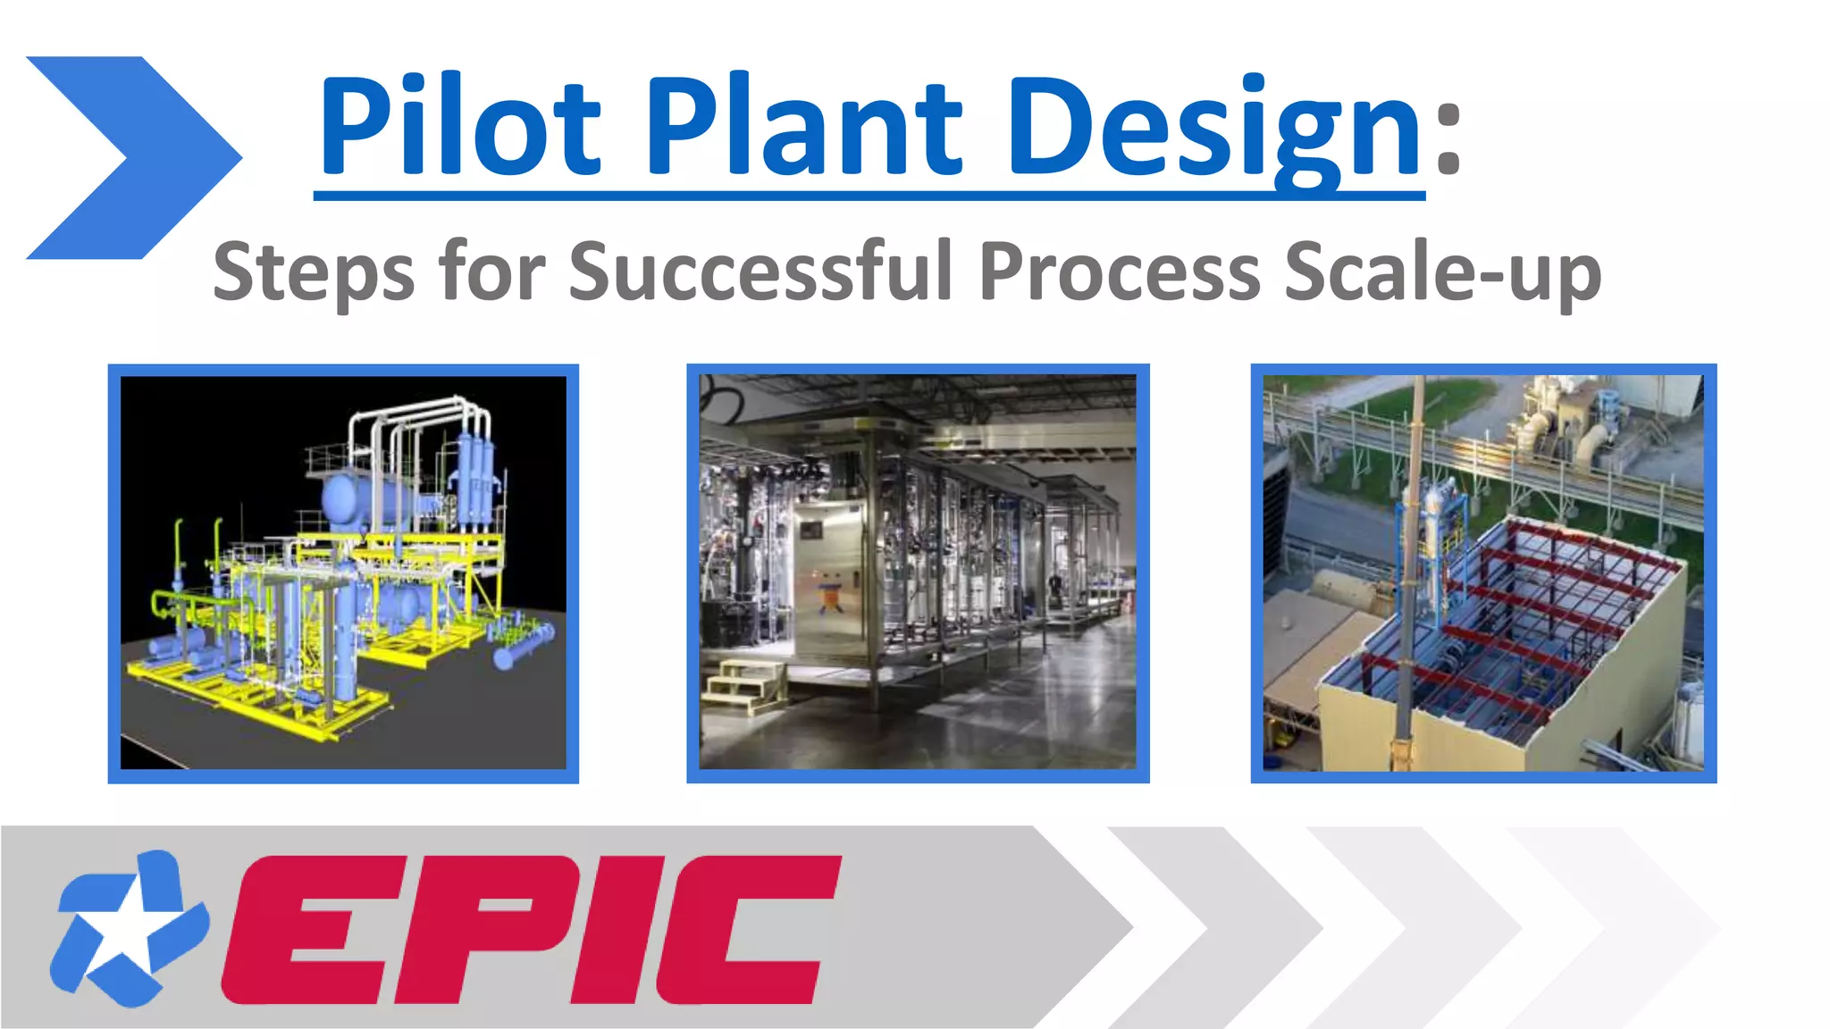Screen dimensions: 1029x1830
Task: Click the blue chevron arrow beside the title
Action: pyautogui.click(x=134, y=158)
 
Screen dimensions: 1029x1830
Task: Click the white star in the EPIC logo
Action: pyautogui.click(x=125, y=929)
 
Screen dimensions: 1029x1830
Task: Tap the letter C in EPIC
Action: pyautogui.click(x=746, y=929)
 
